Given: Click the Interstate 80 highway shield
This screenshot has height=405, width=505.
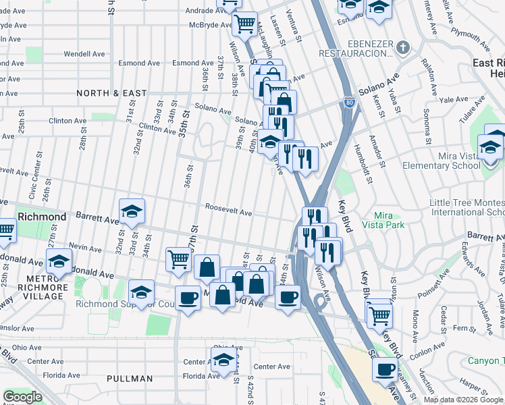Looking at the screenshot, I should (349, 103).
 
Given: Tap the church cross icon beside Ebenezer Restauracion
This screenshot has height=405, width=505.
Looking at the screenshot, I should (403, 47).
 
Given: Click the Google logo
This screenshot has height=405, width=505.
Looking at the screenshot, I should (22, 397).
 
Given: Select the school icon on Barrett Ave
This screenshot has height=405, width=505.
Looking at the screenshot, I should (132, 212).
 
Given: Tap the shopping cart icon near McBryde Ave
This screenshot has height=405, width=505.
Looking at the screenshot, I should (244, 25).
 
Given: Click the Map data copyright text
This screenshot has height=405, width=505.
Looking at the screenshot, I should (462, 400).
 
